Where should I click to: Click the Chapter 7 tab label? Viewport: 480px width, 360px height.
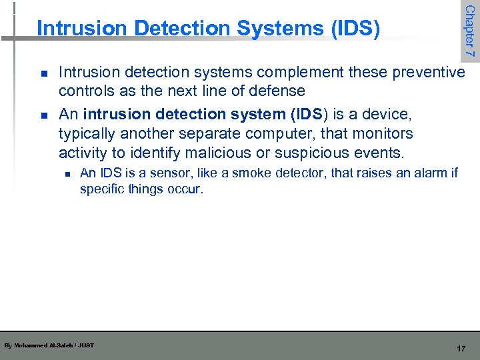(469, 30)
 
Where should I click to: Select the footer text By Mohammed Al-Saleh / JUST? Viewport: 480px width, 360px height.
(49, 345)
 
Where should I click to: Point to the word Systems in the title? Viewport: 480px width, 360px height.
(262, 29)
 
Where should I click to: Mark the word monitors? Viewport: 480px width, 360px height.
(382, 133)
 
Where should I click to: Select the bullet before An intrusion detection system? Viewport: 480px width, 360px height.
(43, 115)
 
